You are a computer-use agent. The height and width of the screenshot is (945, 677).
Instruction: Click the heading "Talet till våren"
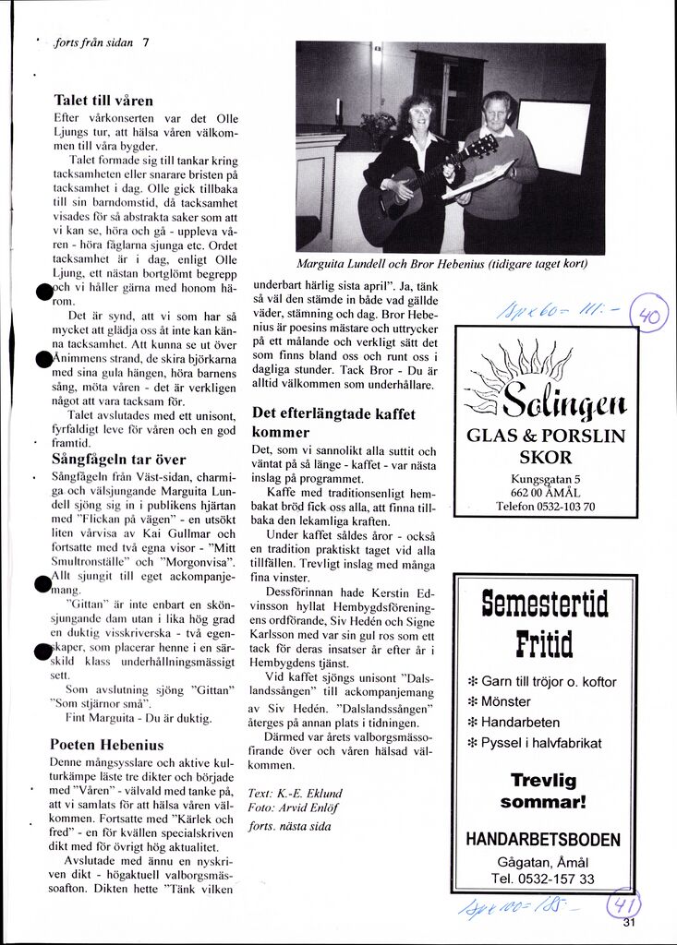point(103,100)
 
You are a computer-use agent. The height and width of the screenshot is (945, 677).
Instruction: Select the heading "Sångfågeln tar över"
point(118,459)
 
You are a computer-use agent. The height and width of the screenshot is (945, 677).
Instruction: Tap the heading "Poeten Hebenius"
point(106,744)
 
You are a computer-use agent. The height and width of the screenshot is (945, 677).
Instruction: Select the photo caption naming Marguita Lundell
point(442,263)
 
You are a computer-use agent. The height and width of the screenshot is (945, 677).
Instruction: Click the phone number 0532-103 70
point(545,506)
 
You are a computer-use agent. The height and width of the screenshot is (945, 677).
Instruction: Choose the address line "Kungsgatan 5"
point(545,478)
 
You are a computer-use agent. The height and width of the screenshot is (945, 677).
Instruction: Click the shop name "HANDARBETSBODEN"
point(543,840)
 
